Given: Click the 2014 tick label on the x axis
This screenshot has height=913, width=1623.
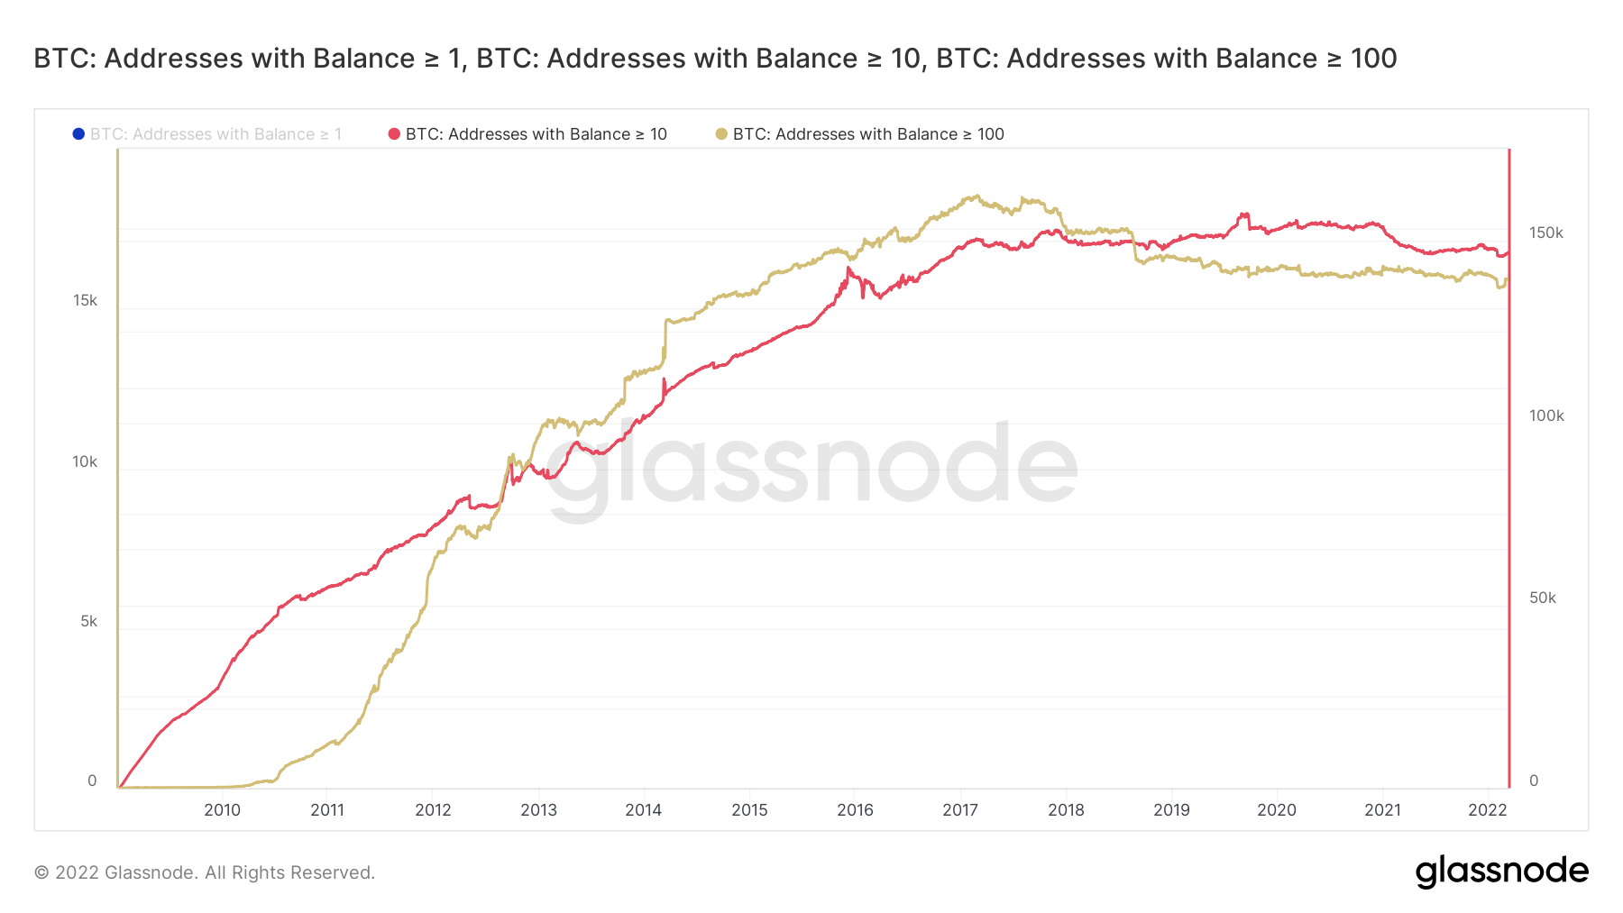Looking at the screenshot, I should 643,809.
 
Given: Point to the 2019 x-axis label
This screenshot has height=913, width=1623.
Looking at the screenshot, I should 1171,809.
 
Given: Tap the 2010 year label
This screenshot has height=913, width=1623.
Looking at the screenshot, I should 222,809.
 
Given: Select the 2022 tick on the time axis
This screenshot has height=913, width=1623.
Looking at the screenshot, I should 1487,809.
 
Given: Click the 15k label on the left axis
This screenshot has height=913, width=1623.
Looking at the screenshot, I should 85,300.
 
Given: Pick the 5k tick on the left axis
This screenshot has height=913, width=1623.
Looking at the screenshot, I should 88,621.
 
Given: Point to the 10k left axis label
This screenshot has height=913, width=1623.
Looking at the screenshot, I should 85,461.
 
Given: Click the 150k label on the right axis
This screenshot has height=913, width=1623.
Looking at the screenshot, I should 1545,233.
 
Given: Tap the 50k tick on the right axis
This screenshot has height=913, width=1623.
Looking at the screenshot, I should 1542,598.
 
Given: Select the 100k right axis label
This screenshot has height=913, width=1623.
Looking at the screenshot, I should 1545,415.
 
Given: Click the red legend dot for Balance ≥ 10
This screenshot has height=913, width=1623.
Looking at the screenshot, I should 394,134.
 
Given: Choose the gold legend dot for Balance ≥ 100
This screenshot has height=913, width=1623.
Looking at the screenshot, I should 721,134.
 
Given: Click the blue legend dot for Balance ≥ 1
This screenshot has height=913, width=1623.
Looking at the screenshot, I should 78,134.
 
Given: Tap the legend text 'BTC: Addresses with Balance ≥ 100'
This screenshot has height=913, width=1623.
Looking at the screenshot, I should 867,134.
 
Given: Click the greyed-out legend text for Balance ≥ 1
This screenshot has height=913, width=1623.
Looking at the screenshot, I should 215,134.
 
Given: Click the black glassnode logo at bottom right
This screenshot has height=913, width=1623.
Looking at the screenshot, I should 1501,872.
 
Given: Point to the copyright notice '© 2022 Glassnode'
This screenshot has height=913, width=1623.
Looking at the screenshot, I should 204,872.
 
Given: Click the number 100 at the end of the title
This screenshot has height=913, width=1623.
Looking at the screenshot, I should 1373,59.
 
